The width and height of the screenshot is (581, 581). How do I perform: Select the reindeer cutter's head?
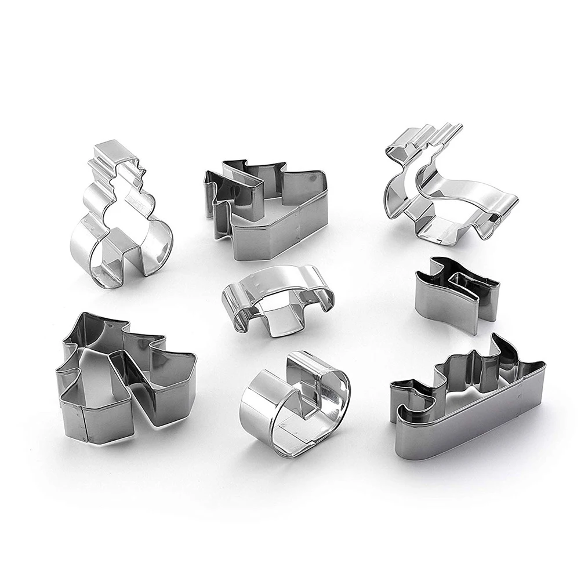pos(400,157)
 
